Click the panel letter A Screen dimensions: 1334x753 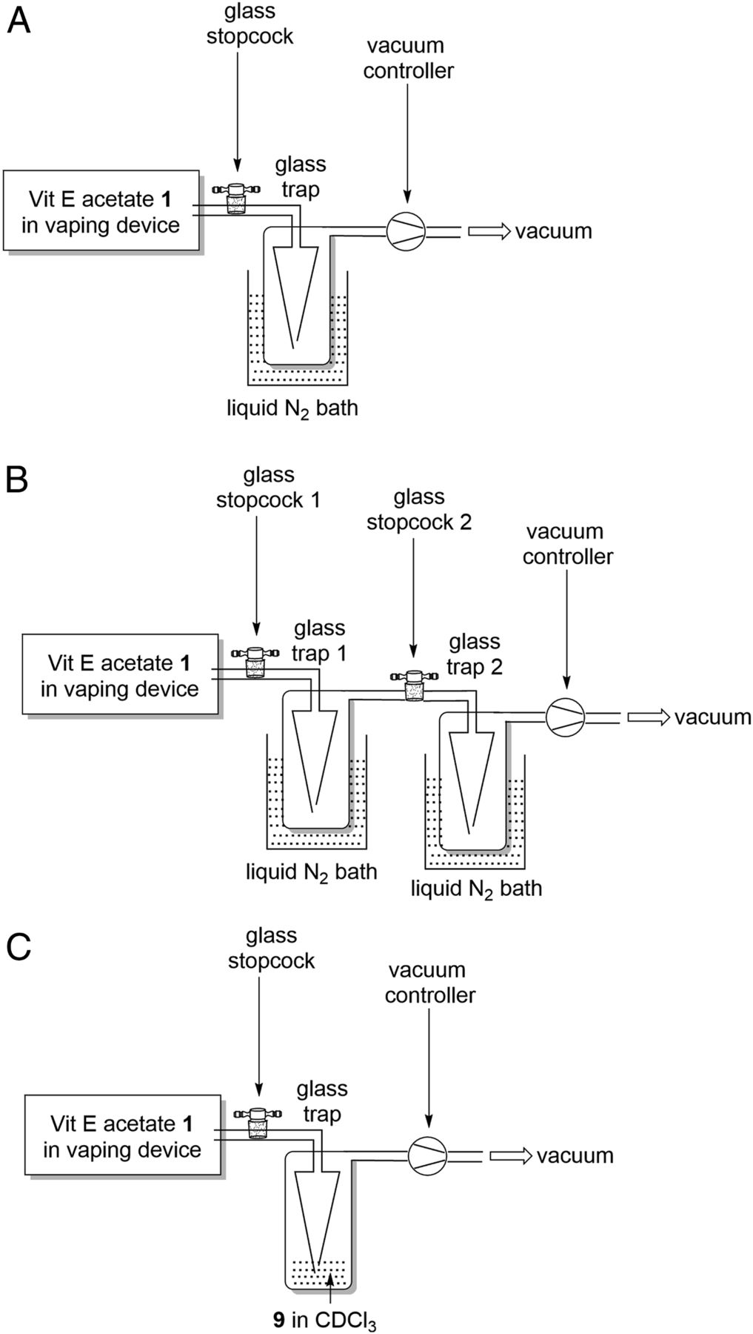pos(19,21)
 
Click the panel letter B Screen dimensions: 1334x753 pos(17,480)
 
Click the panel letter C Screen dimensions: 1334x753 pos(18,947)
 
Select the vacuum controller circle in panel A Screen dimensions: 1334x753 pos(406,231)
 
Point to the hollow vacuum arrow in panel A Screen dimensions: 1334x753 pos(489,231)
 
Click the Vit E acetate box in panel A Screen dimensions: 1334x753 pos(101,212)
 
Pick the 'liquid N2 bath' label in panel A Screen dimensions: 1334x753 pos(292,408)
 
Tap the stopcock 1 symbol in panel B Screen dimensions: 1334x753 pos(255,663)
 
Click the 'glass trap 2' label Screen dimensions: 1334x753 pos(475,654)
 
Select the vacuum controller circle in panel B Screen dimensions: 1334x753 pos(566,717)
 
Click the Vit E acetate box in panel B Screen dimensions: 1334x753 pos(120,674)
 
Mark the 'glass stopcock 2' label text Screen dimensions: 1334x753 pos(419,509)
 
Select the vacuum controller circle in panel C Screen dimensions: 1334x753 pos(428,1155)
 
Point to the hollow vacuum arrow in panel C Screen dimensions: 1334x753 pos(511,1155)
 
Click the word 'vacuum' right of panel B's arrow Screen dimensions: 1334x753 pos(712,717)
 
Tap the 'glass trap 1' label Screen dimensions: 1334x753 pos(320,640)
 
